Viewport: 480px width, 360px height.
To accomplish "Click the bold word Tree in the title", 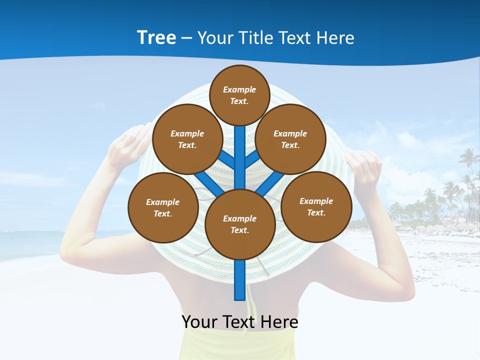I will pyautogui.click(x=156, y=37).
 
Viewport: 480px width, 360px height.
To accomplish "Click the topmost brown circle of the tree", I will pyautogui.click(x=239, y=95).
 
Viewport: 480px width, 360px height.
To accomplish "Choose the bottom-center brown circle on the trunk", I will pyautogui.click(x=240, y=224).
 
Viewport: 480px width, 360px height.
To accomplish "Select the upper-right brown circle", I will pyautogui.click(x=290, y=139).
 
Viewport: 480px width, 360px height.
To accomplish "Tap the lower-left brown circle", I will pyautogui.click(x=163, y=207).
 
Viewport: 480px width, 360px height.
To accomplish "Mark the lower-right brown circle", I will pyautogui.click(x=316, y=206).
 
